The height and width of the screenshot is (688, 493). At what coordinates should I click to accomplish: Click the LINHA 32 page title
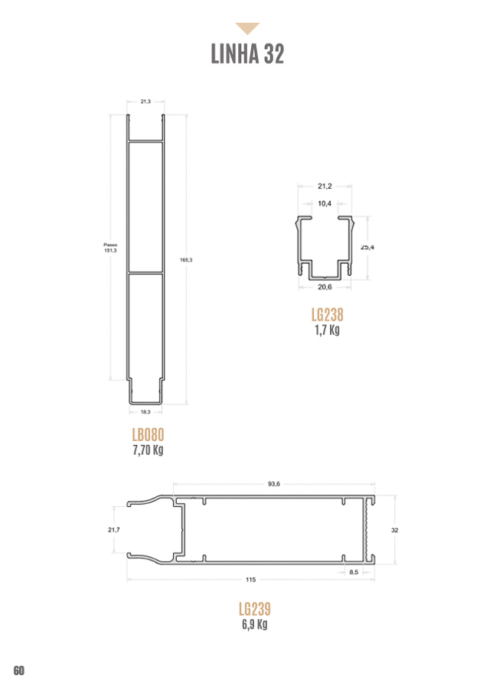pyautogui.click(x=247, y=54)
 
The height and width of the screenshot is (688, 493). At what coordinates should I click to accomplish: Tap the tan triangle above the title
pyautogui.click(x=247, y=28)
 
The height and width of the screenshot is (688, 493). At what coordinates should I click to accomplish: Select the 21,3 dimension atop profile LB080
pyautogui.click(x=145, y=102)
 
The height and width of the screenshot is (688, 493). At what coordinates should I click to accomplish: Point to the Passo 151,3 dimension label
pyautogui.click(x=110, y=248)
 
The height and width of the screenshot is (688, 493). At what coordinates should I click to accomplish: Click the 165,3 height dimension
pyautogui.click(x=186, y=260)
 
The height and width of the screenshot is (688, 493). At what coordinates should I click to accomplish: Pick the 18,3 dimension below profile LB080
pyautogui.click(x=145, y=412)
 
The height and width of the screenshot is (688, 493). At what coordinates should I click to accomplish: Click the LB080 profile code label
pyautogui.click(x=148, y=435)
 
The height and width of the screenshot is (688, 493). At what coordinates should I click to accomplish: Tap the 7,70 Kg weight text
pyautogui.click(x=148, y=449)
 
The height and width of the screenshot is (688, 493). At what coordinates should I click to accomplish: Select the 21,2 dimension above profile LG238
pyautogui.click(x=325, y=186)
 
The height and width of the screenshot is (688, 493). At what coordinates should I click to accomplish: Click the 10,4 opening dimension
pyautogui.click(x=325, y=203)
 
